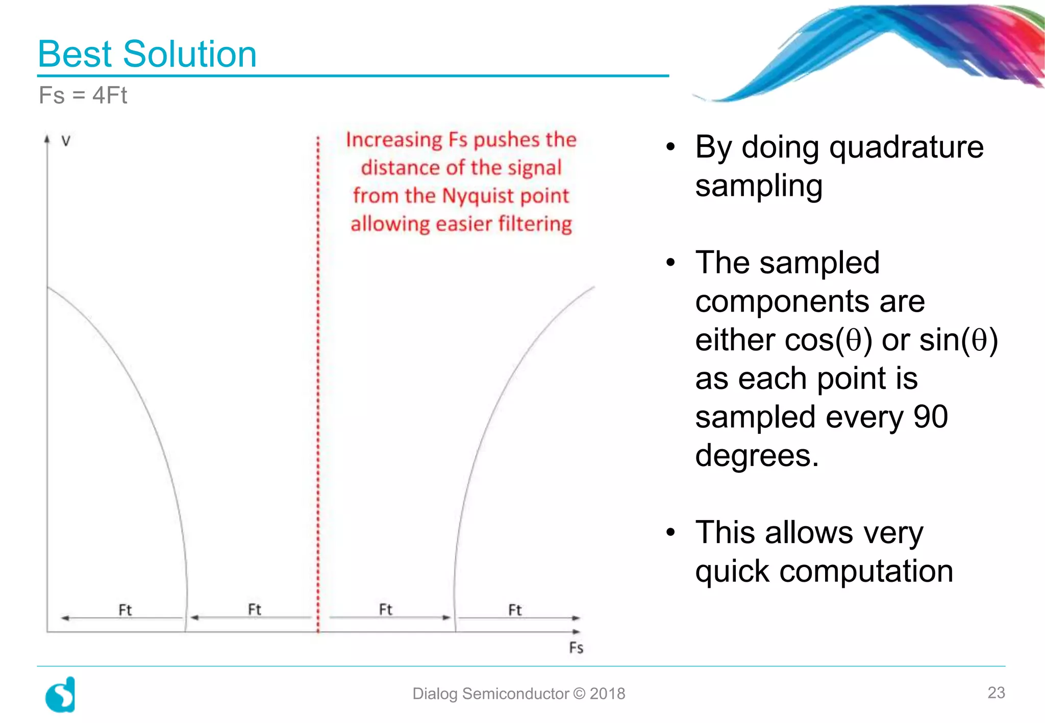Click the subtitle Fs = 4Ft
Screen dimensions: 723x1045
83,95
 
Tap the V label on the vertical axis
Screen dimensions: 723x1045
66,141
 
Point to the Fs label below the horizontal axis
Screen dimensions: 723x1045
576,648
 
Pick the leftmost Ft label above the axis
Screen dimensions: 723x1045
125,610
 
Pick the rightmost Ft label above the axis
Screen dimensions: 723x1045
515,610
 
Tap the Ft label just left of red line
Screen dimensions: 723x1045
254,609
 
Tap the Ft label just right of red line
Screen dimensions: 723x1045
385,609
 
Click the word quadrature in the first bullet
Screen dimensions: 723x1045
906,148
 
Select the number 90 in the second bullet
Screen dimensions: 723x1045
930,417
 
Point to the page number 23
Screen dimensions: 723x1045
996,693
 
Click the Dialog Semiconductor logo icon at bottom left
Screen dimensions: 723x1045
61,695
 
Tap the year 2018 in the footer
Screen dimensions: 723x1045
607,694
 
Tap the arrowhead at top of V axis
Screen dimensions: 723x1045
47,139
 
